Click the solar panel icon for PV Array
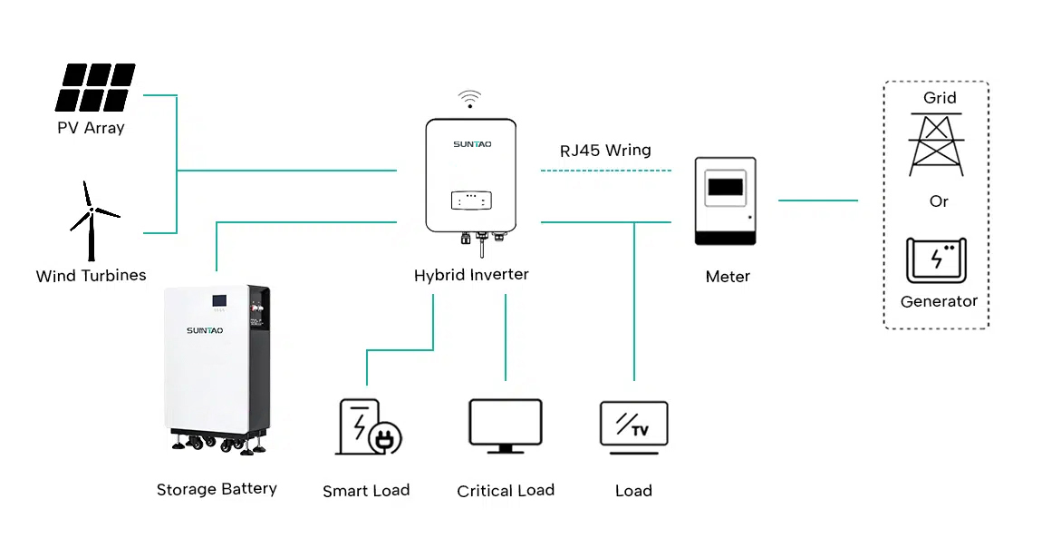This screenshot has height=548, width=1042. [95, 87]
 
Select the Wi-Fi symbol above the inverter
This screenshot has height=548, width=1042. [468, 98]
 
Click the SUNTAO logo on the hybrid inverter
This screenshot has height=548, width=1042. [471, 143]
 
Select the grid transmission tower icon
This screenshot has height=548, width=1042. [938, 143]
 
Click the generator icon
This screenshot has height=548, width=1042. [937, 260]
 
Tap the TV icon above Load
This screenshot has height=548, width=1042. [633, 424]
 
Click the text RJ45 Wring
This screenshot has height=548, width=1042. [605, 151]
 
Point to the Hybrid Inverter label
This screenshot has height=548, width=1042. [471, 275]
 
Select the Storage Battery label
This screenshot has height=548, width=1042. [217, 489]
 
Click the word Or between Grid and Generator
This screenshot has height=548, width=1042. [939, 201]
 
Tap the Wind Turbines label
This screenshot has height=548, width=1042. [91, 276]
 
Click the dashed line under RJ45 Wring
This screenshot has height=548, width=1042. [605, 171]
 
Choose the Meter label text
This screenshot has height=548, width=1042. [728, 277]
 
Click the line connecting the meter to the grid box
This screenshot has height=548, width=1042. [817, 201]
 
